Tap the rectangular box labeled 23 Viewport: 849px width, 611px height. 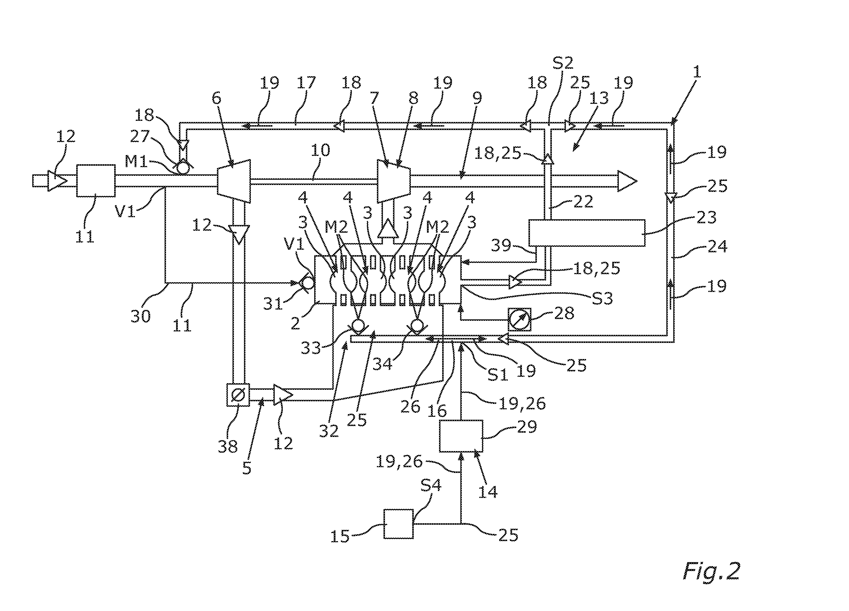pyautogui.click(x=587, y=233)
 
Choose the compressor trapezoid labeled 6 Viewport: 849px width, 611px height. pyautogui.click(x=234, y=182)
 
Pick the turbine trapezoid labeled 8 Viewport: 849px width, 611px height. pyautogui.click(x=394, y=182)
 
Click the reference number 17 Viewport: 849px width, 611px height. pyautogui.click(x=306, y=83)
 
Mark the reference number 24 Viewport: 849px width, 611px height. pyautogui.click(x=717, y=247)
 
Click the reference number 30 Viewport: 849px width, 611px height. pyautogui.click(x=141, y=316)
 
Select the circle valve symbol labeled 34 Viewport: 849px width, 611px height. pyautogui.click(x=417, y=325)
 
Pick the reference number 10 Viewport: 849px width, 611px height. pyautogui.click(x=320, y=150)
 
